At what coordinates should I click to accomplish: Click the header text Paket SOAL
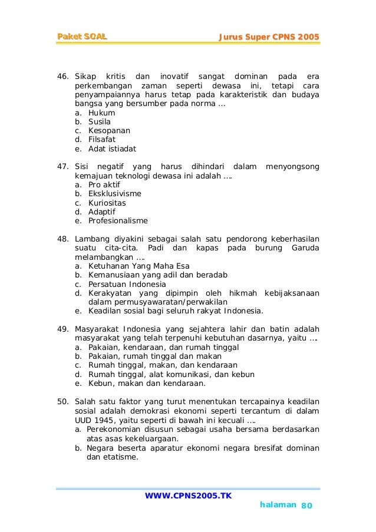pos(82,38)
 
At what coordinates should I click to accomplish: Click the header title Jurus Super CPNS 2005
pos(269,38)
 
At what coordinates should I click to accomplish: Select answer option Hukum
pos(101,113)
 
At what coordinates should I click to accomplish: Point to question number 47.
pos(62,167)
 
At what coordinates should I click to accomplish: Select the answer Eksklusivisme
pos(114,194)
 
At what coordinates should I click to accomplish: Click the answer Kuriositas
pos(107,203)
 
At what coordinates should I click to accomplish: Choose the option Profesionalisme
pos(118,221)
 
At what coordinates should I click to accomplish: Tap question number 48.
pos(62,239)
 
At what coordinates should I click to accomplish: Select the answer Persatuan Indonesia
pos(127,284)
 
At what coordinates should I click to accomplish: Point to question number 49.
pos(62,329)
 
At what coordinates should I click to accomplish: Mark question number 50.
pos(62,402)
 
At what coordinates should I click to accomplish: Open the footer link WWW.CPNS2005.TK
pos(188,495)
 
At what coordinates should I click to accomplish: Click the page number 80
pos(308,506)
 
